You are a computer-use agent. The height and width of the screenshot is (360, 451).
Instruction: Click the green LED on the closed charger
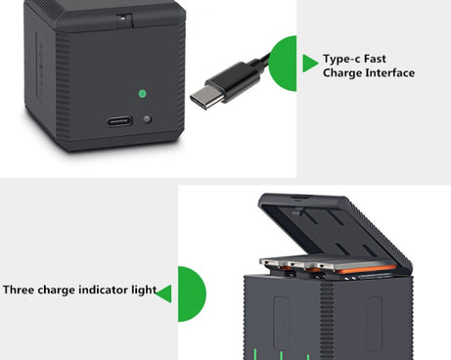tap(142, 94)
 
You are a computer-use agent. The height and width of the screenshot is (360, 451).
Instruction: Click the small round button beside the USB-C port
tap(148, 120)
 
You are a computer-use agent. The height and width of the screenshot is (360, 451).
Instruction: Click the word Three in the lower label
tap(22, 291)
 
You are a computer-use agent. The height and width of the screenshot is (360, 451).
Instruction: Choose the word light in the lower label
tap(143, 291)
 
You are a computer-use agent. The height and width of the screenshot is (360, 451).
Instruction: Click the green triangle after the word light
tap(164, 292)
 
